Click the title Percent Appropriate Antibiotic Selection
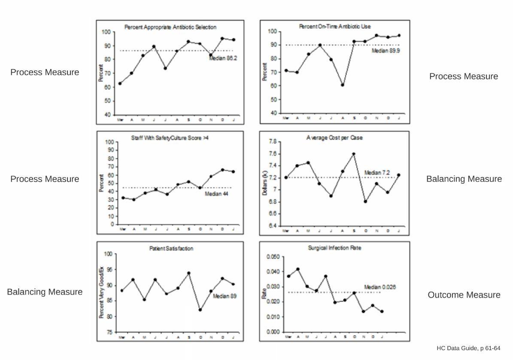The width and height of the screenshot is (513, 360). tap(170, 27)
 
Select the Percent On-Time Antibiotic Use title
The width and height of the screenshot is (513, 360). tap(335, 27)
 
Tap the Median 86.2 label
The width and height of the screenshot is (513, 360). tap(223, 58)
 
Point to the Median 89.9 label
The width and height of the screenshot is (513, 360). tap(386, 51)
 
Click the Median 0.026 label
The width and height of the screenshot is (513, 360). tap(380, 287)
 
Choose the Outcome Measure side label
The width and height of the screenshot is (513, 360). tap(464, 295)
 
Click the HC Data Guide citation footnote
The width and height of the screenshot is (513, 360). tap(468, 348)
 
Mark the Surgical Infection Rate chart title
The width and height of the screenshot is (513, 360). tap(334, 248)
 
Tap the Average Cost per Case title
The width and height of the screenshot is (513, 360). tap(334, 138)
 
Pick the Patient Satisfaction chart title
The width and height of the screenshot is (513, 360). tap(171, 248)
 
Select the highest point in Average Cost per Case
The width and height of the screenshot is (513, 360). tap(354, 154)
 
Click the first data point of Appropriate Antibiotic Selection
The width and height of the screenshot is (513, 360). tap(120, 83)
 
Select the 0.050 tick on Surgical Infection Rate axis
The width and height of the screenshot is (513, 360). tap(273, 257)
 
